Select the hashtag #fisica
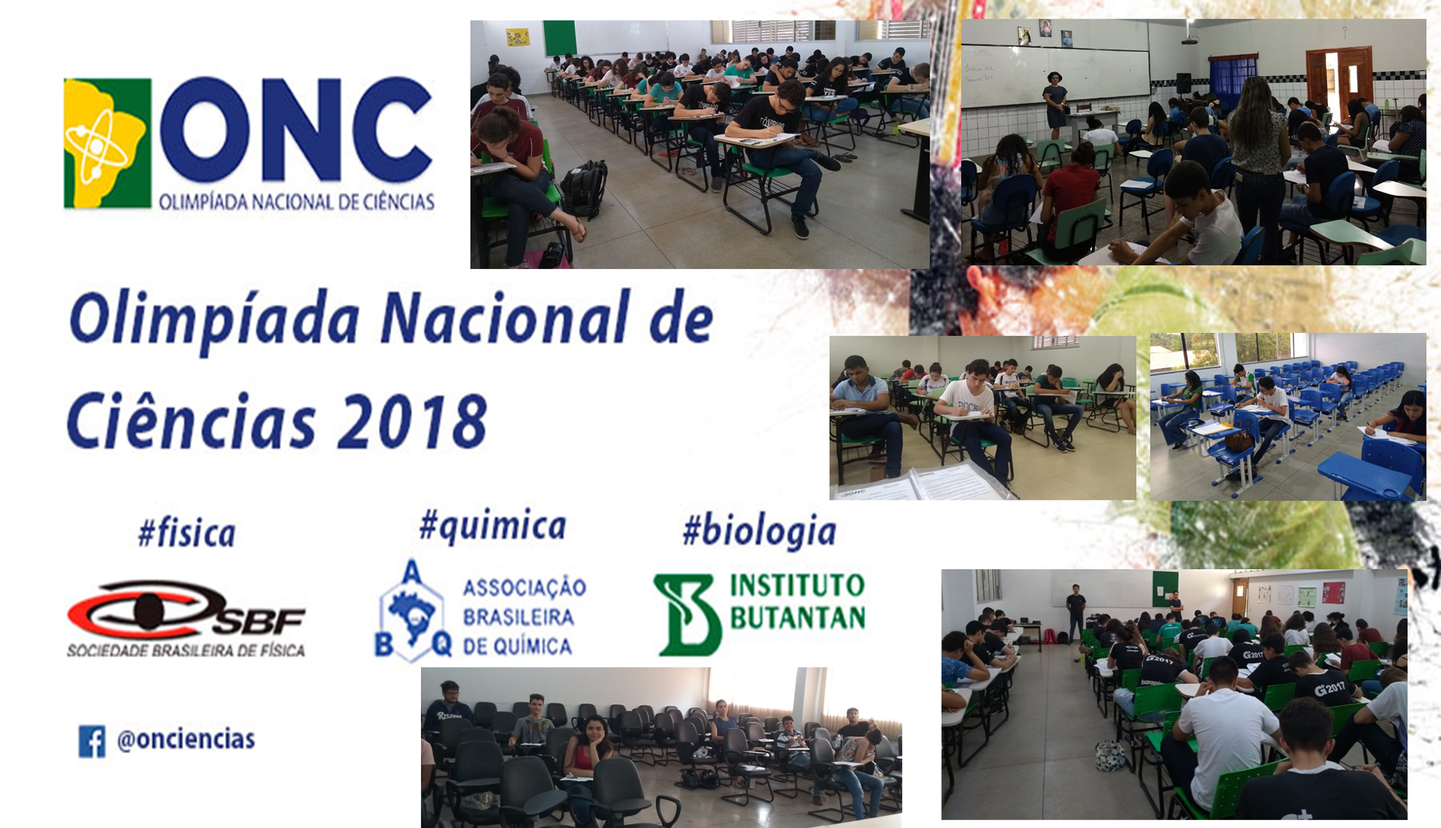click(187, 533)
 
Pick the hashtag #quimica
click(493, 526)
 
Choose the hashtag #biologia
click(760, 531)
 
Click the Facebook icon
click(92, 741)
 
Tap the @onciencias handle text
click(186, 739)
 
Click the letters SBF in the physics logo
click(259, 621)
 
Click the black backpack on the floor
click(585, 189)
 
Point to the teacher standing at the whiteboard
click(1055, 105)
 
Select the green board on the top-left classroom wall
click(560, 38)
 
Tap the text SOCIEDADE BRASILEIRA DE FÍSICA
click(186, 651)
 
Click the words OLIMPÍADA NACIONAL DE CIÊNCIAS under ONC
click(297, 201)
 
